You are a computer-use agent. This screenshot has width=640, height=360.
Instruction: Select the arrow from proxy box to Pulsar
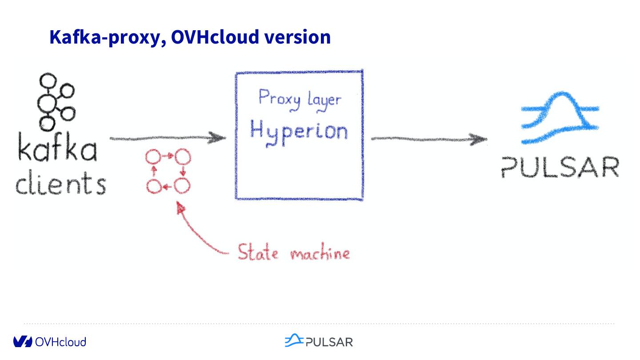click(x=429, y=139)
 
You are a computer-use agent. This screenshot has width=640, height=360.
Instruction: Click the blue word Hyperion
click(x=298, y=131)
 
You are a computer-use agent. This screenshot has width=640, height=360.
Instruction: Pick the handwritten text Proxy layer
click(x=300, y=99)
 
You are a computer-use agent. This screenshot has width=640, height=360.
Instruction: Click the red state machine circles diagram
click(x=168, y=172)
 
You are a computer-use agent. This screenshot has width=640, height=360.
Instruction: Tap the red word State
click(x=258, y=252)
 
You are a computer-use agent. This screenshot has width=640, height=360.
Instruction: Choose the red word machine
click(x=320, y=253)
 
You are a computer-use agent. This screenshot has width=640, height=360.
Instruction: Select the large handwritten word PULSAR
click(x=560, y=167)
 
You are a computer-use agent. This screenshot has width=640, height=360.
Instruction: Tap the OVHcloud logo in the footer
click(x=49, y=341)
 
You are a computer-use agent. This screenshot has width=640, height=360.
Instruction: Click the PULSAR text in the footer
click(x=329, y=342)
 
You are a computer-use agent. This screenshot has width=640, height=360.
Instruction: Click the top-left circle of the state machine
click(x=153, y=157)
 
